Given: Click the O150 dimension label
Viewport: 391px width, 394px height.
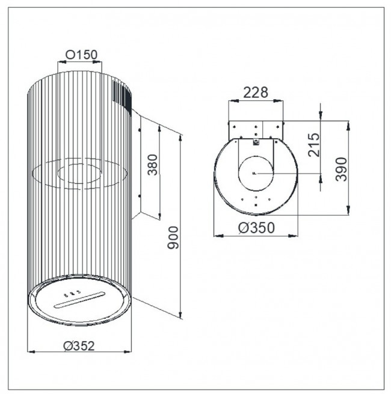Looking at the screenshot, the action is pyautogui.click(x=81, y=55).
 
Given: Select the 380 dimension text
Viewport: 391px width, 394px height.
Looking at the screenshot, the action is pyautogui.click(x=152, y=165).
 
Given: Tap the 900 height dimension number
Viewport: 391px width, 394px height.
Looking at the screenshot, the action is pyautogui.click(x=173, y=238).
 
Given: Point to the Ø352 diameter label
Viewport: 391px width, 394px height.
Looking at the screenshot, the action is pyautogui.click(x=79, y=346).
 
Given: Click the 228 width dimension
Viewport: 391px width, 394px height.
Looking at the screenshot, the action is pyautogui.click(x=256, y=92).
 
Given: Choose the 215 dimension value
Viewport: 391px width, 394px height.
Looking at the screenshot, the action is pyautogui.click(x=314, y=145).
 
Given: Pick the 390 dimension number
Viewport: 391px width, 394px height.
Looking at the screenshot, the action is pyautogui.click(x=341, y=169).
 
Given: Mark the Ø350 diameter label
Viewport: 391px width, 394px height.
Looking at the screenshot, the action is pyautogui.click(x=256, y=228).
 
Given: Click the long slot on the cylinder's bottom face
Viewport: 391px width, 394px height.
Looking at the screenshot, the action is pyautogui.click(x=79, y=300).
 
